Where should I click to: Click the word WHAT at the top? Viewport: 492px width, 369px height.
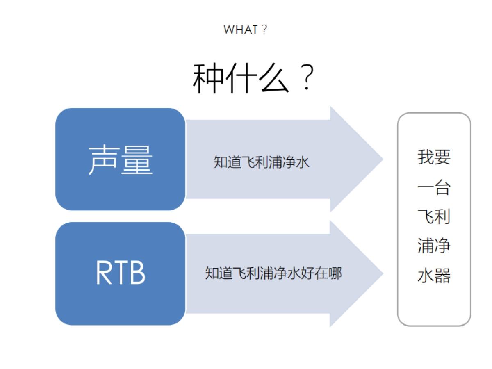point(241,30)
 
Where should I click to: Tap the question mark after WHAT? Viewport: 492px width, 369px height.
point(264,30)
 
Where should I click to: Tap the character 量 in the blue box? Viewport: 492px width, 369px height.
point(137,159)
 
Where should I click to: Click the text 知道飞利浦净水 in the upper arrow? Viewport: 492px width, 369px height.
point(261,162)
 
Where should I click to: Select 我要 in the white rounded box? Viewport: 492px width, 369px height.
point(434,157)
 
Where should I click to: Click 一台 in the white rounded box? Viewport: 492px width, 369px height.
point(434,187)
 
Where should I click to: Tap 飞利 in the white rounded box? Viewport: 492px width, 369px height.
point(434,216)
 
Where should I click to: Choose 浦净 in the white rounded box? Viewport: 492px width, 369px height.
point(434,246)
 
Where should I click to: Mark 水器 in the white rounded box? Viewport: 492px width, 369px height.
point(434,276)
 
